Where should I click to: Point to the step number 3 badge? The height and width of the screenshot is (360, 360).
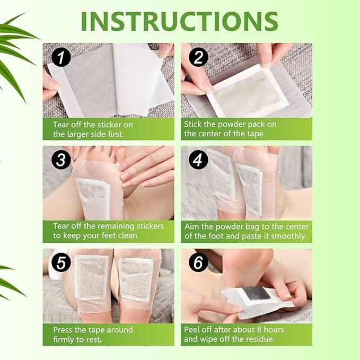click(61, 160)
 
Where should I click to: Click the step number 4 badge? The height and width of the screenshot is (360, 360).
click(198, 160)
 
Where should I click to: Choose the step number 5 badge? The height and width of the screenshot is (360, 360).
click(61, 262)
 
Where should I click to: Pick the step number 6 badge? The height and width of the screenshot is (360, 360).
click(198, 262)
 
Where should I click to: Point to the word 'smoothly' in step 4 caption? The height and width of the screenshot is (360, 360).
click(289, 236)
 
